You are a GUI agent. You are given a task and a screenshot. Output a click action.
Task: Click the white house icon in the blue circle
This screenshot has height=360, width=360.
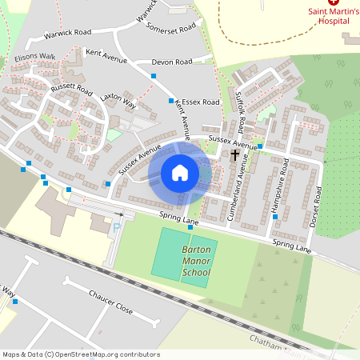[x=180, y=172]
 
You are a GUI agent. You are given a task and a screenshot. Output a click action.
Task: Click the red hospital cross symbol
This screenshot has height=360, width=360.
[x=333, y=3]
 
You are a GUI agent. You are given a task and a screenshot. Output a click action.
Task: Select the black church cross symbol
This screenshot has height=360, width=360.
[x=235, y=154]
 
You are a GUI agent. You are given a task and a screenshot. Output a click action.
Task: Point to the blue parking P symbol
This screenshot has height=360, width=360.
[x=116, y=228]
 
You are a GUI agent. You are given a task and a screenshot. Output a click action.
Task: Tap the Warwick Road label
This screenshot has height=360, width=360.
[x=68, y=34]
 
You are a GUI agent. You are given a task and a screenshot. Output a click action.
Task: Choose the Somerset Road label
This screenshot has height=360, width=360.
[x=171, y=26]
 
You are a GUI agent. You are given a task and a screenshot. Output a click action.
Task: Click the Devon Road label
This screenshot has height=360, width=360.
[x=172, y=62]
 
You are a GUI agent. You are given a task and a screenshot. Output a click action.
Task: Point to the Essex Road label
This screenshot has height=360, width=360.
[x=200, y=102]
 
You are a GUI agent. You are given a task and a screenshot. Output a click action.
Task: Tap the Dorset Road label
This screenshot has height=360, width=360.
[x=318, y=206]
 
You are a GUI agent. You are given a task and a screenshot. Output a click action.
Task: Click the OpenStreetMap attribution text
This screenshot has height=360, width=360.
[x=81, y=354]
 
